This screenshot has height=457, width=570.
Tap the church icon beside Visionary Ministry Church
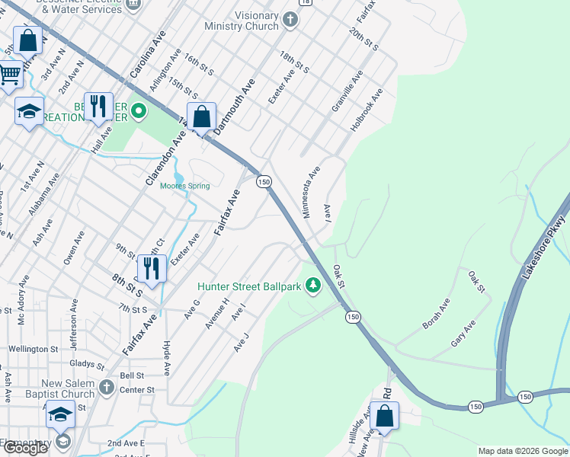[290, 20]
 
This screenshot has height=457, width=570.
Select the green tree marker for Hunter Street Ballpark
[312, 286]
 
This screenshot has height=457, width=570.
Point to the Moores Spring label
[184, 186]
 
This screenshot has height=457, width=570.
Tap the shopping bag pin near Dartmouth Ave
[201, 118]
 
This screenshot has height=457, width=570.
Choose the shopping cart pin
[9, 75]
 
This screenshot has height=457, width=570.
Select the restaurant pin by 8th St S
[152, 269]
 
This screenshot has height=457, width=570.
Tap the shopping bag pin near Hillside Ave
[385, 417]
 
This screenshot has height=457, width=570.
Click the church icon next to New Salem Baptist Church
[106, 388]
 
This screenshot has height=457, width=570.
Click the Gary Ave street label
[463, 334]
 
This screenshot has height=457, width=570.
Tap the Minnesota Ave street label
[312, 193]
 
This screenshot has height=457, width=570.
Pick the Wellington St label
[33, 349]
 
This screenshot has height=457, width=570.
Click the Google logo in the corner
[25, 448]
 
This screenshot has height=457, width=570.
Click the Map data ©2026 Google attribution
[523, 451]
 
